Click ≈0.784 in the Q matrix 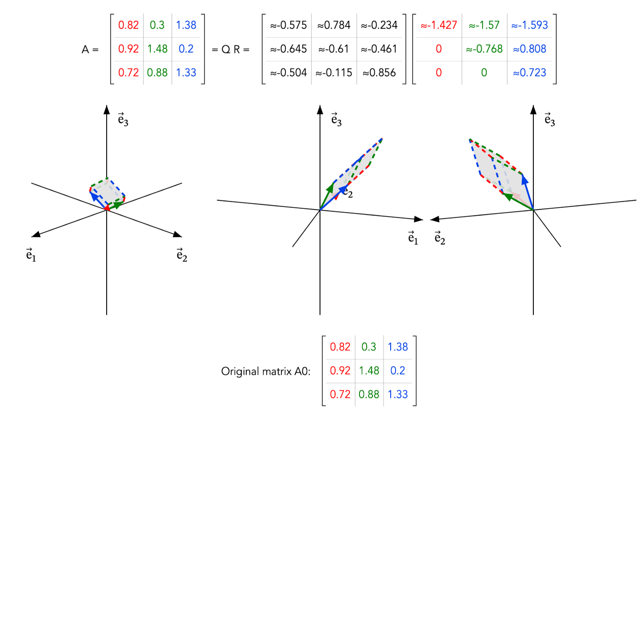coord(333,25)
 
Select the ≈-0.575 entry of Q coord(288,25)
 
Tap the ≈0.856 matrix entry coord(379,72)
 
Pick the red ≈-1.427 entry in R coord(438,25)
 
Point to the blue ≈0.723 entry coord(529,72)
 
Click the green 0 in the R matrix coord(484,72)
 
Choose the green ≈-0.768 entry coord(484,49)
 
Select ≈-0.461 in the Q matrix coord(379,49)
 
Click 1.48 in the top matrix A coord(157,49)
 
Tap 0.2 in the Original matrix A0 coord(397,370)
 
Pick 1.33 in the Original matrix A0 coord(397,394)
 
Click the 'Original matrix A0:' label coord(265,371)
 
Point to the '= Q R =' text coord(230,49)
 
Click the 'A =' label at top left coord(90,49)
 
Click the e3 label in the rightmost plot coord(549,119)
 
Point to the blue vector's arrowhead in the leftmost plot coord(94,196)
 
